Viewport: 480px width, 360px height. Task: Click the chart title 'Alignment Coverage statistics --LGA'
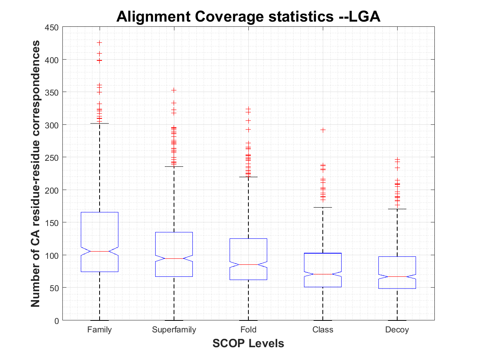tap(248, 17)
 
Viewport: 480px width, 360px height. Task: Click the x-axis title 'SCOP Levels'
tap(248, 343)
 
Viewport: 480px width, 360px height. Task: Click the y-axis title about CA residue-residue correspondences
tap(36, 174)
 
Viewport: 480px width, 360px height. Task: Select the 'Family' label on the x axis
tap(100, 330)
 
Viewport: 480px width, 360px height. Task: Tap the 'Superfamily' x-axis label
tap(174, 330)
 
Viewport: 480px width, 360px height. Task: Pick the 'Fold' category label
tap(248, 330)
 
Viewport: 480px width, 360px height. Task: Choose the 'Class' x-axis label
tap(323, 330)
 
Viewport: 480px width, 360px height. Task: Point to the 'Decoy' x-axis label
tap(397, 330)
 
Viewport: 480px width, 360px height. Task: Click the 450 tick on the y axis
tap(54, 28)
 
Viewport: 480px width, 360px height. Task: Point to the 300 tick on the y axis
tap(54, 125)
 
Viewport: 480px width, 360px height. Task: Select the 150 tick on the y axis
tap(54, 222)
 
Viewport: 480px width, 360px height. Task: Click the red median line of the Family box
tap(100, 251)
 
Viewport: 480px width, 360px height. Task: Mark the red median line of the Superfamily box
tap(174, 258)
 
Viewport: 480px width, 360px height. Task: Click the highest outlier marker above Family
tap(100, 42)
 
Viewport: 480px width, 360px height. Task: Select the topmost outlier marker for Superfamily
tap(174, 90)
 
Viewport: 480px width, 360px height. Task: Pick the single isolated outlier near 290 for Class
tap(323, 130)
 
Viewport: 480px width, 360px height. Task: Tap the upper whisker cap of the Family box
tap(100, 123)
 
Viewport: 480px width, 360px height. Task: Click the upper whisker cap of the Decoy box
tap(397, 209)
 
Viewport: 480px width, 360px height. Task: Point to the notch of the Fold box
tap(248, 264)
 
